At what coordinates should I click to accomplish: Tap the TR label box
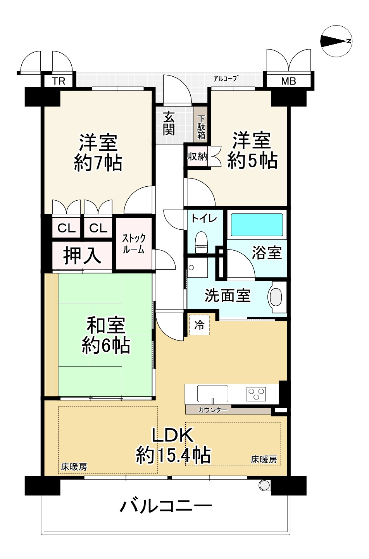point(59,81)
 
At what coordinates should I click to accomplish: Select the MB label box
point(288,81)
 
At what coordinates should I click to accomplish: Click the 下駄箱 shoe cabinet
point(201,127)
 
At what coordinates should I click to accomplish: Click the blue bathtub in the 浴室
point(257,225)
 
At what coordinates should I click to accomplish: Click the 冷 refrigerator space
point(199,325)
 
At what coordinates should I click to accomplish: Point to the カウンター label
point(212,410)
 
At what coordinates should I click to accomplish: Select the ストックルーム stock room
point(134,243)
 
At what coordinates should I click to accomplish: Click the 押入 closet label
point(82,256)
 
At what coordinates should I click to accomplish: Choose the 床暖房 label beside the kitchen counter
point(264,459)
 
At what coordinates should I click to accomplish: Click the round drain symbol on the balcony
point(264,485)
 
